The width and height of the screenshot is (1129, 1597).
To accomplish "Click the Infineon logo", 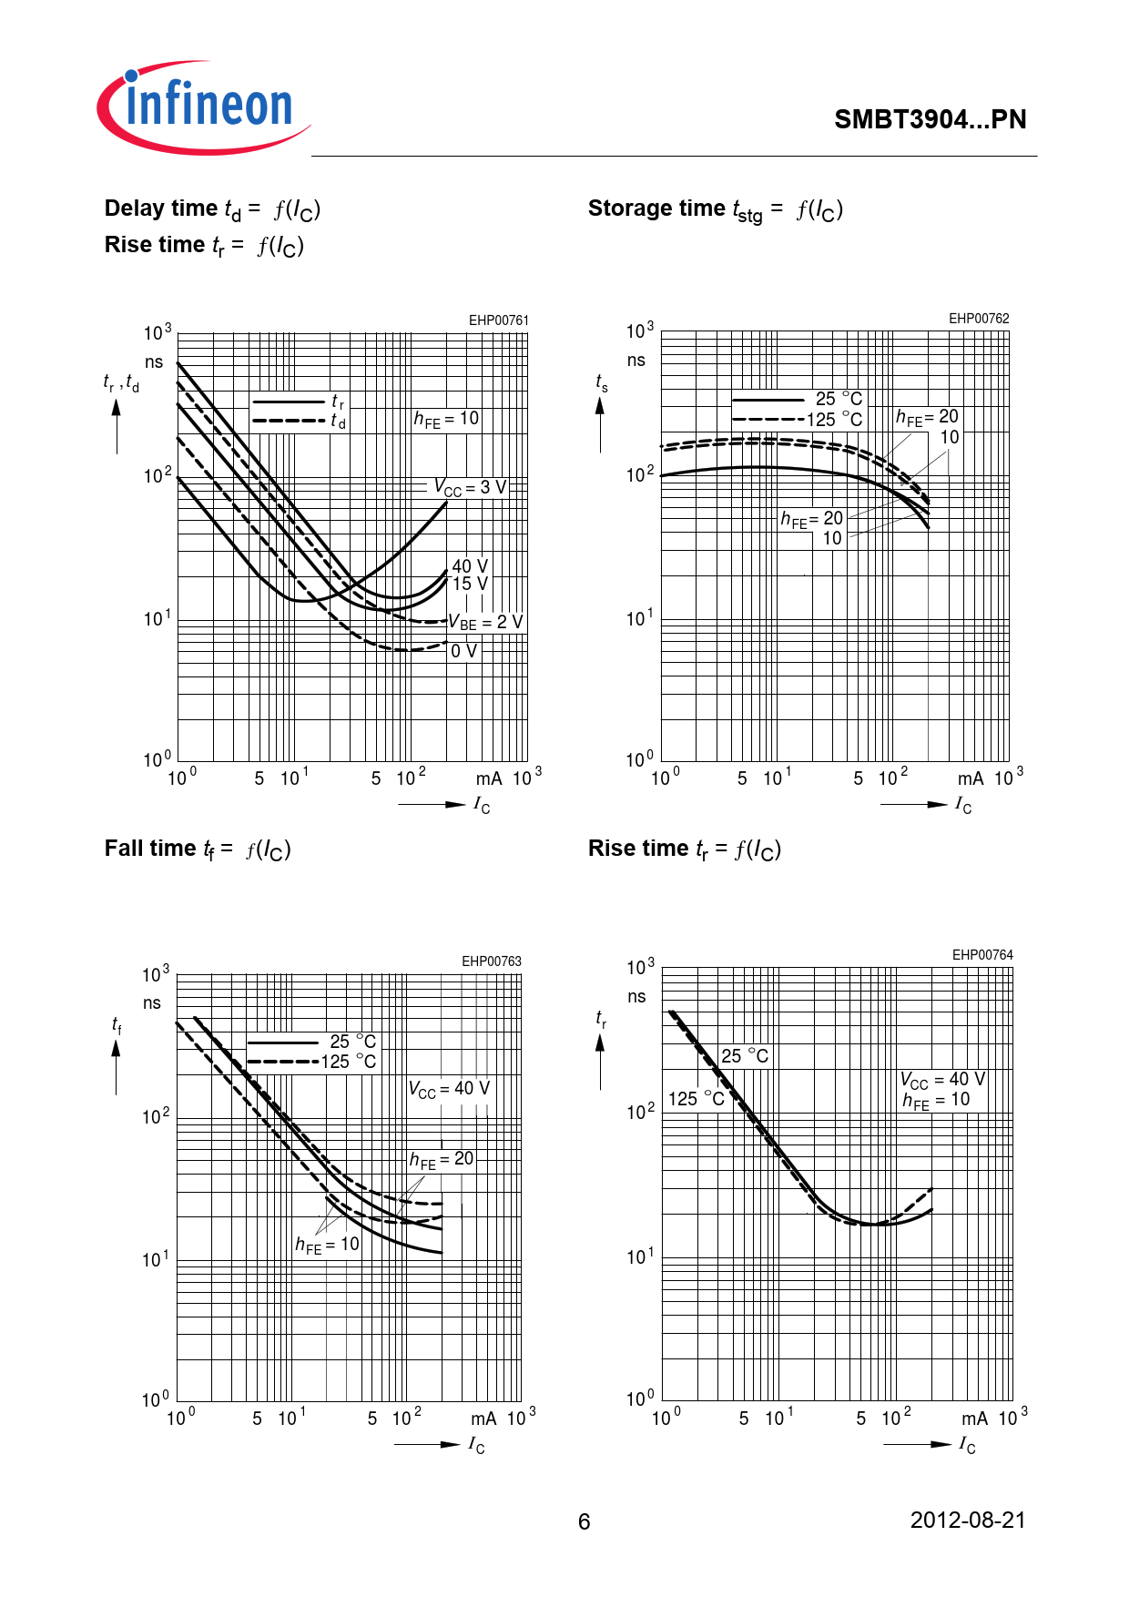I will tap(204, 107).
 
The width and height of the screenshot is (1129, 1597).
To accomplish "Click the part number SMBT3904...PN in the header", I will tap(930, 119).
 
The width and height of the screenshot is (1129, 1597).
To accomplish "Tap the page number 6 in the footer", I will tap(584, 1521).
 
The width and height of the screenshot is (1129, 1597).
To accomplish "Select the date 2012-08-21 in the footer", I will tap(967, 1520).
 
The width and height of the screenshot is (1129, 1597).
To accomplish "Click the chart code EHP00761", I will tap(498, 320).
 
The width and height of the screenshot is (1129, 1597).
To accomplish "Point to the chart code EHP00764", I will tap(982, 955).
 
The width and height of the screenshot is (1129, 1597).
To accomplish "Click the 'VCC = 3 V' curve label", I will tap(469, 487).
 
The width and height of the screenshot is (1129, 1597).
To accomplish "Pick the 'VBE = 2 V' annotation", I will tap(485, 623).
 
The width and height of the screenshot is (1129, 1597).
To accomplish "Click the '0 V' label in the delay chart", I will tap(463, 651).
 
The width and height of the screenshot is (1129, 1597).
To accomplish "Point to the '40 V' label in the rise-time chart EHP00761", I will tap(470, 566).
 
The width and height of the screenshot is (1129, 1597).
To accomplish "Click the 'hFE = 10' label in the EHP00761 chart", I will tap(446, 419).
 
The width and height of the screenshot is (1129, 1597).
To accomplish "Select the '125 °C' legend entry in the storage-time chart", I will tap(834, 420).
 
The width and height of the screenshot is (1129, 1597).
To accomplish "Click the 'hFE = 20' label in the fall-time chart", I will tap(442, 1160).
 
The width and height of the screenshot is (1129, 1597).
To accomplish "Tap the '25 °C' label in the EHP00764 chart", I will tap(745, 1056).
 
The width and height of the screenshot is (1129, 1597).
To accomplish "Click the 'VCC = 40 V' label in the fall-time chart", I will tap(449, 1089).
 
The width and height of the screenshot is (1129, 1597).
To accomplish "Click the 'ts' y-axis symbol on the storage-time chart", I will tap(602, 383).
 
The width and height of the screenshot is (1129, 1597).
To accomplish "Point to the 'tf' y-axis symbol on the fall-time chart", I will tap(117, 1026).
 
